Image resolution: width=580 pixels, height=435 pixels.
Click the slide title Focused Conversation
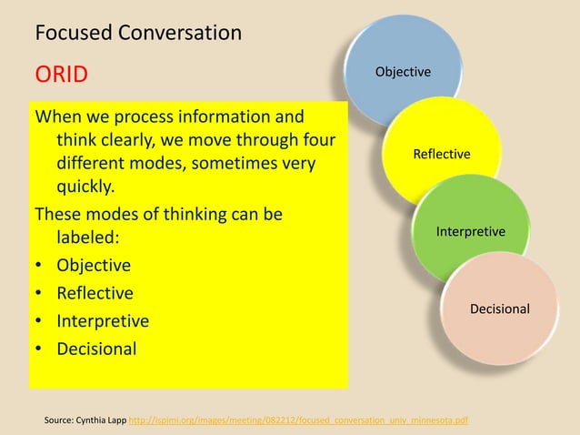click(x=138, y=34)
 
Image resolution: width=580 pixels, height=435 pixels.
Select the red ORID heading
click(x=61, y=73)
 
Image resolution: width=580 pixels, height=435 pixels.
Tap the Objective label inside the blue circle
click(x=404, y=72)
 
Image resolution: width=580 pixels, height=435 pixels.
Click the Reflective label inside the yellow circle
click(x=442, y=154)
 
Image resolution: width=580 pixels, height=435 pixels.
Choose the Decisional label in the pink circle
click(x=499, y=309)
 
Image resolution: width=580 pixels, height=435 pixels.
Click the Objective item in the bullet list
click(x=93, y=266)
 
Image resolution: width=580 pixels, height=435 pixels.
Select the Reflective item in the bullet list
click(x=95, y=293)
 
